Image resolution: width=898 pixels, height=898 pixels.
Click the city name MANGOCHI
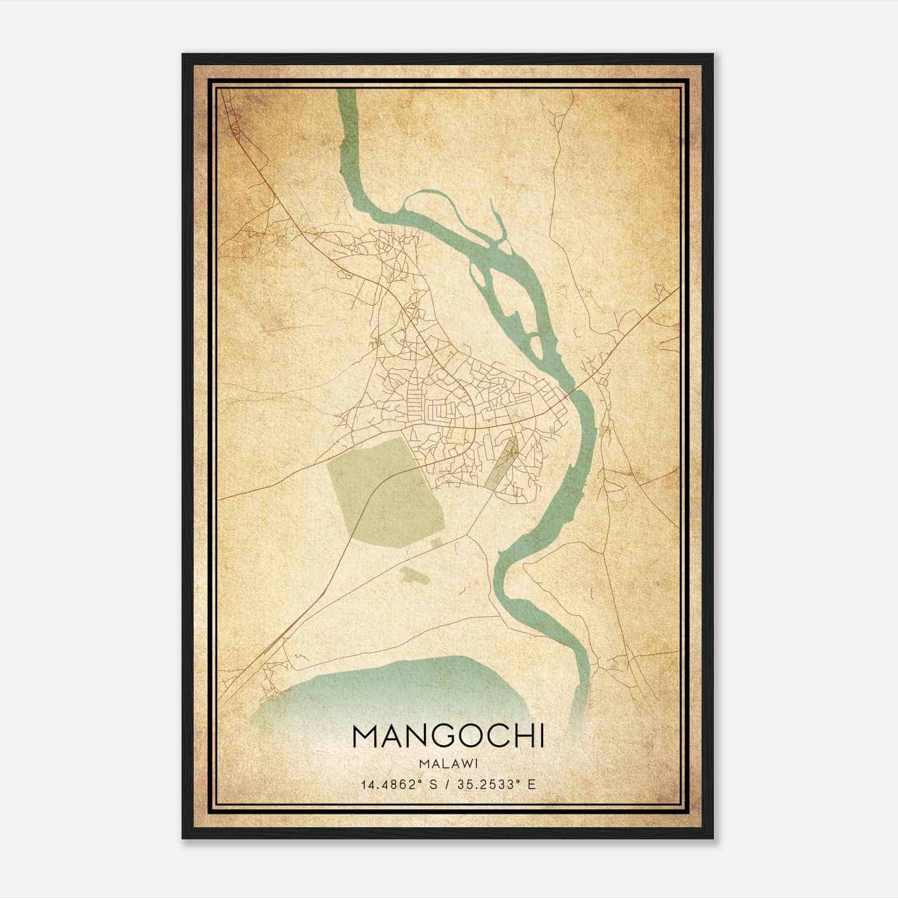pos(448,736)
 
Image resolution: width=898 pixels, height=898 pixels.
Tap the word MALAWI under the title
pos(448,764)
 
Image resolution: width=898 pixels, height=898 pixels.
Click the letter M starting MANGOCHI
pos(366,736)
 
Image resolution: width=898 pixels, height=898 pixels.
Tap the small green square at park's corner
pos(436,543)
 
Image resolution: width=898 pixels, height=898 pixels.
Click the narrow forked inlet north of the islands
pos(497,222)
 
